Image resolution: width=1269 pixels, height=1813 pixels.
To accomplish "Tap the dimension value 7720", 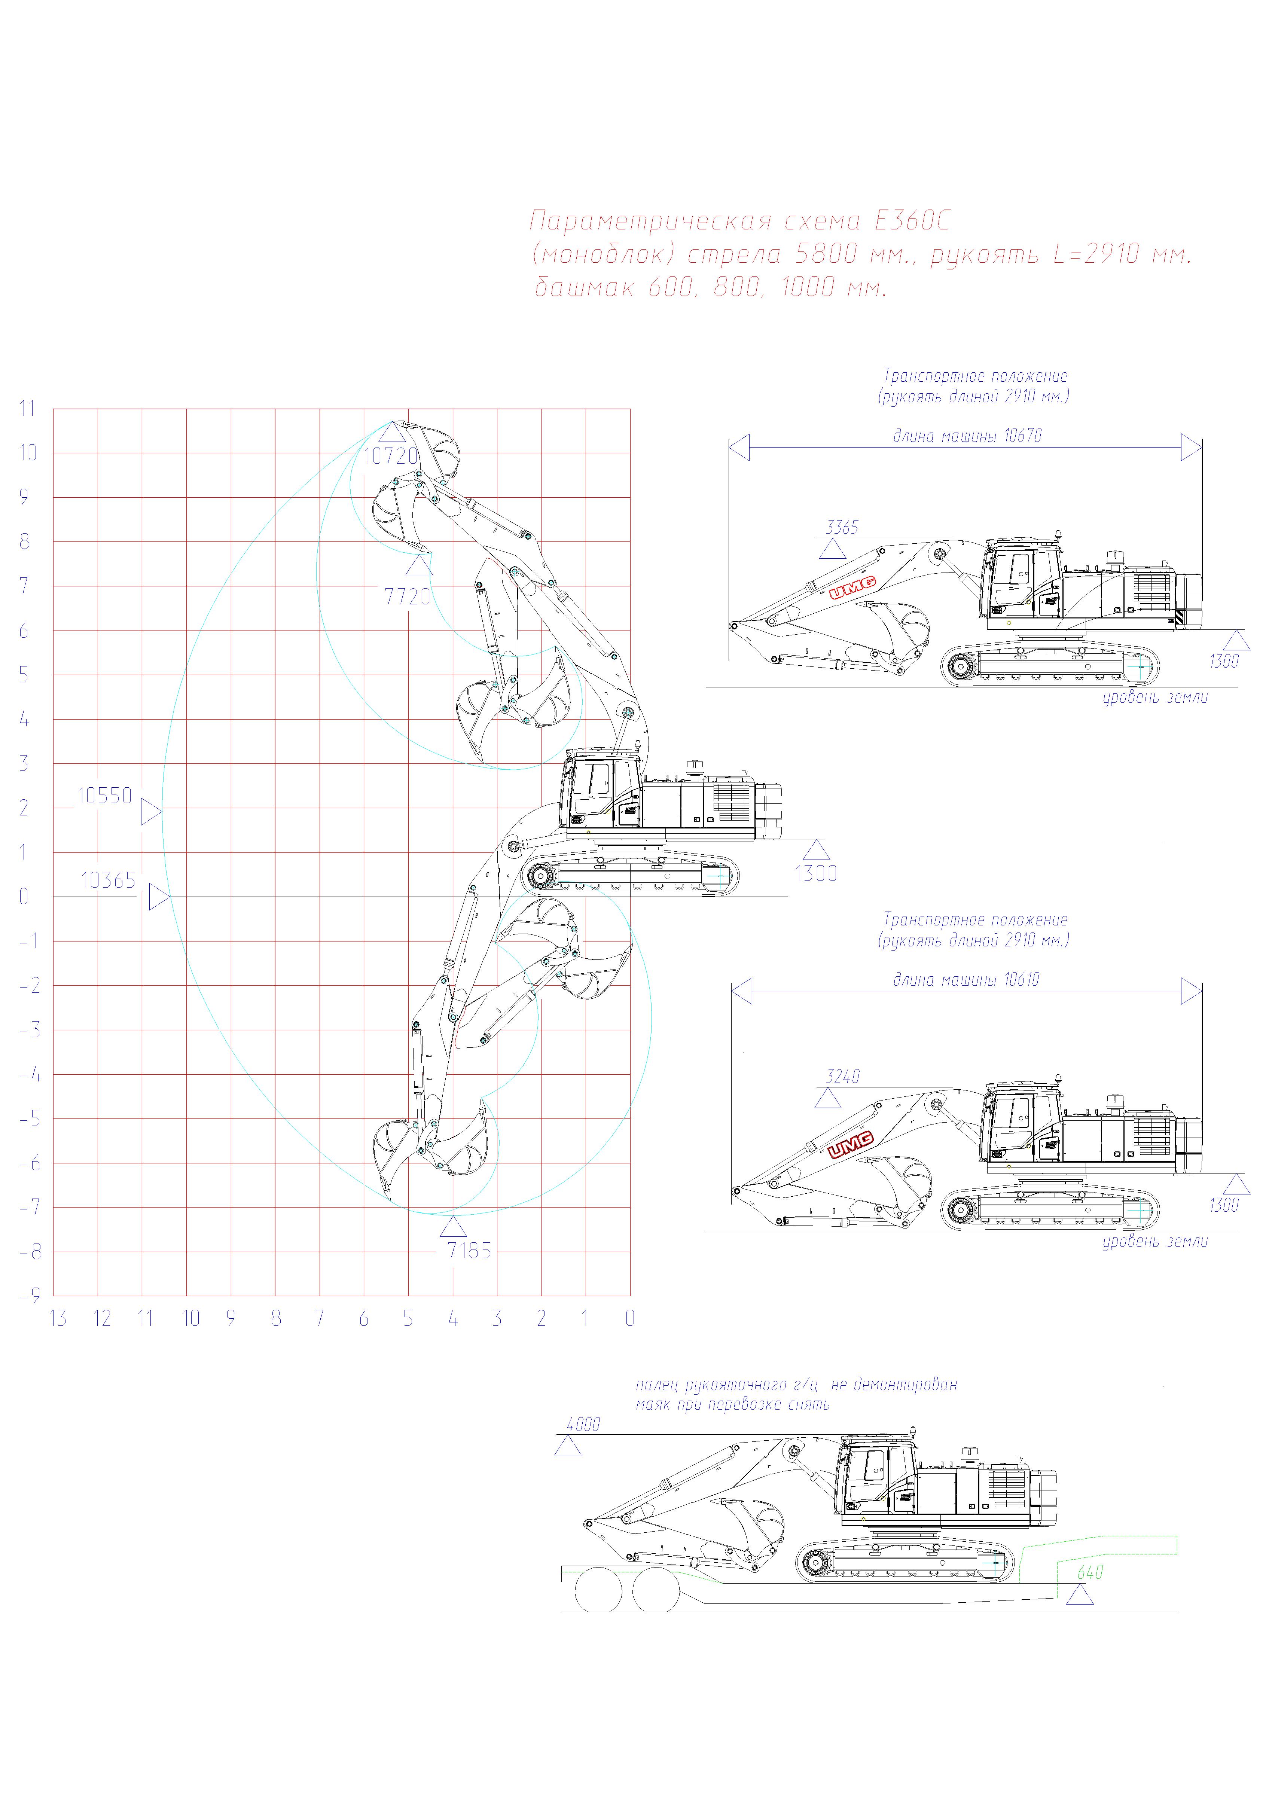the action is tap(408, 597).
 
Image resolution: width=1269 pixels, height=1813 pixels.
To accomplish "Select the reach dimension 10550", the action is tap(104, 796).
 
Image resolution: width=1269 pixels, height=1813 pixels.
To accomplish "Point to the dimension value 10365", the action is tap(109, 880).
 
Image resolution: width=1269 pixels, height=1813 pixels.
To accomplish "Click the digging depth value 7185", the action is tap(469, 1251).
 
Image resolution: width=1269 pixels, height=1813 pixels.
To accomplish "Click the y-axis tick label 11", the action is tap(28, 408).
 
